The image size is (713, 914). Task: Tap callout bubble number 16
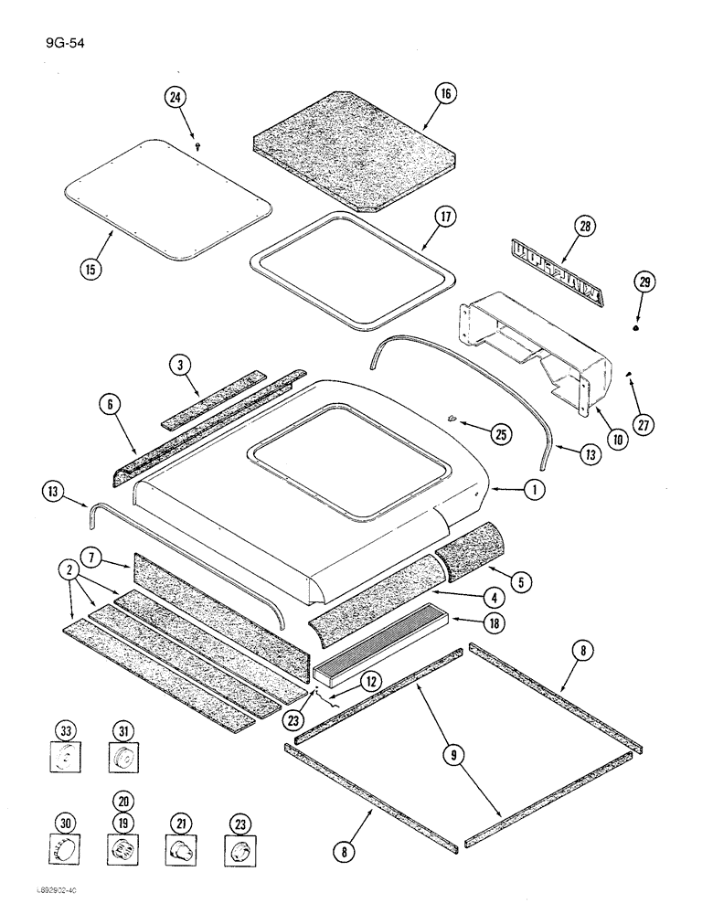click(445, 94)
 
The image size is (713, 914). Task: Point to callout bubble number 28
click(584, 225)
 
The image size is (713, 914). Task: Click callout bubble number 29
click(644, 284)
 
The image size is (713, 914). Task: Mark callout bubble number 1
click(536, 490)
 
